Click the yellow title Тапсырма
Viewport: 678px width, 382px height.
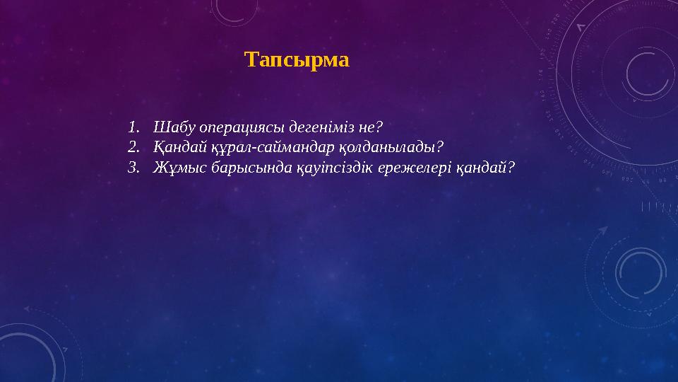[297, 59]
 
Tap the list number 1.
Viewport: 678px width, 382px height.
[132, 128]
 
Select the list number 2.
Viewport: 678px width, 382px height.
[132, 148]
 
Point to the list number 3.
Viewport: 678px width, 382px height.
[132, 168]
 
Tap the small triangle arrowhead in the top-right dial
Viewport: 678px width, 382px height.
[581, 27]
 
